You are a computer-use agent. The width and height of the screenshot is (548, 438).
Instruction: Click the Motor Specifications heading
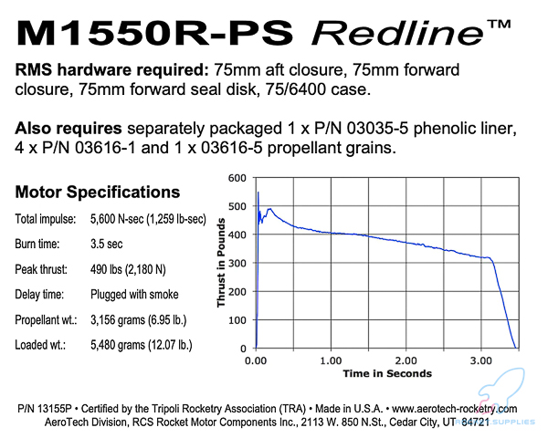(x=97, y=193)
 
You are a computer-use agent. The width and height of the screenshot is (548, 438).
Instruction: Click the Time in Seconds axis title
(x=387, y=373)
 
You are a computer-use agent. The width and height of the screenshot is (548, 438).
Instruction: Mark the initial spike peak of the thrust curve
(x=258, y=193)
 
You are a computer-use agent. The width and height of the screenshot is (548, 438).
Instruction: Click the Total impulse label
(x=46, y=220)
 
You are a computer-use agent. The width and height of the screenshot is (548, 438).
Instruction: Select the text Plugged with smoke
(x=134, y=295)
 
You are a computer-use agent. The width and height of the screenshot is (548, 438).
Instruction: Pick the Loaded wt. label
(x=44, y=344)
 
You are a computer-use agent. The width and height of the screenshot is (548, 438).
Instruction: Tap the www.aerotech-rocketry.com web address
(x=455, y=409)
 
